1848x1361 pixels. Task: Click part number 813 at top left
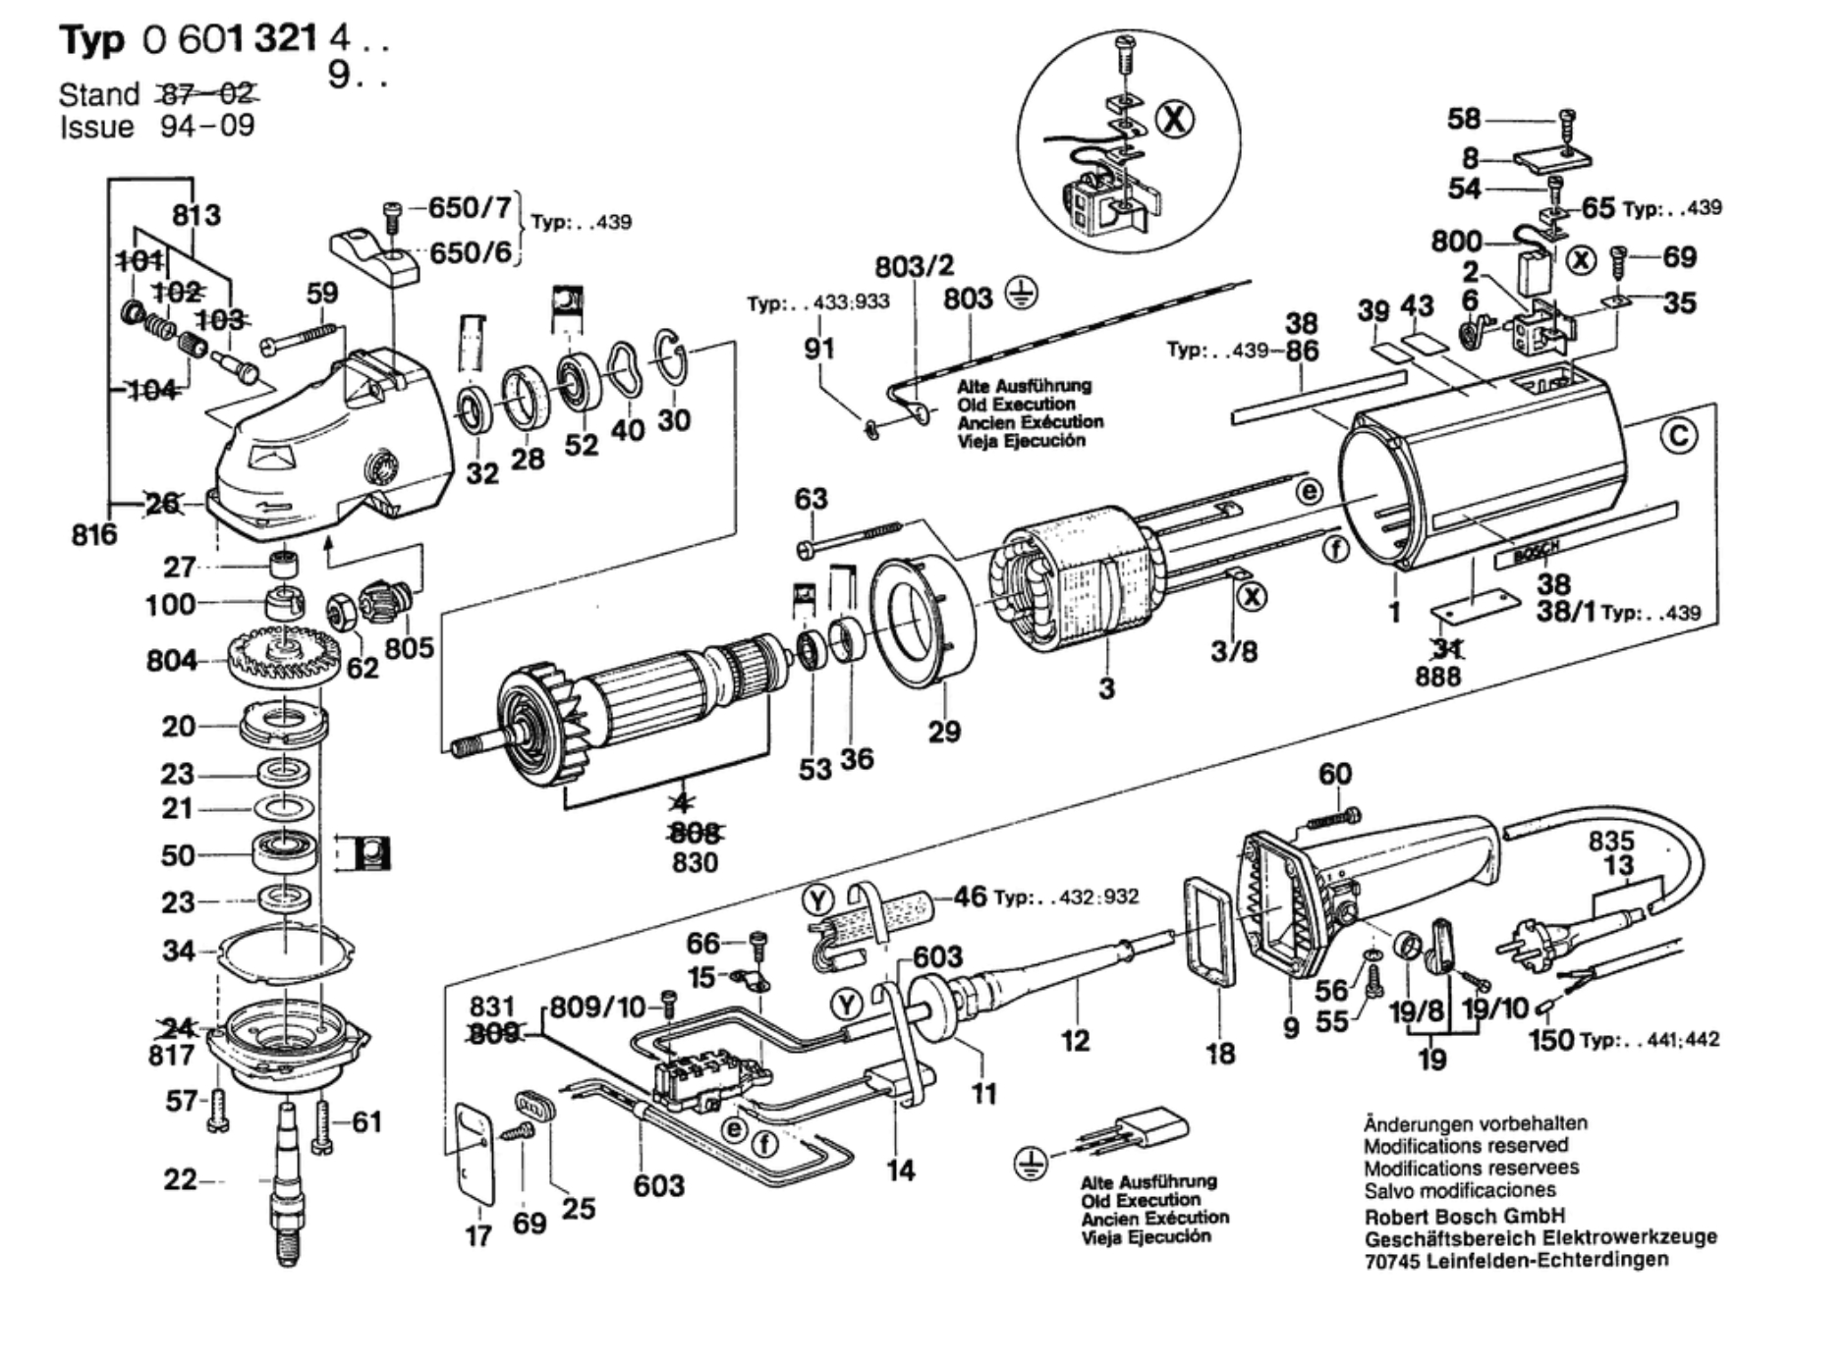(x=196, y=215)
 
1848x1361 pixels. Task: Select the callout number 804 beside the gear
(x=171, y=661)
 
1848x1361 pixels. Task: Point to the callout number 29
(x=944, y=732)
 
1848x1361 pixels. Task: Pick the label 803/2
(x=914, y=266)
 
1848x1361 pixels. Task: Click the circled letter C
(x=1678, y=436)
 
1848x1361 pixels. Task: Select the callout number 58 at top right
(x=1463, y=120)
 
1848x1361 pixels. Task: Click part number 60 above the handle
(x=1334, y=775)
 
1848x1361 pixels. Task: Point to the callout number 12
(x=1075, y=1040)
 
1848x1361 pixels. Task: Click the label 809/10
(x=596, y=1007)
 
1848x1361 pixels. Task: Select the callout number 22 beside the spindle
(x=180, y=1179)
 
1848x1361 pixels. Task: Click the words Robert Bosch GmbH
(x=1463, y=1216)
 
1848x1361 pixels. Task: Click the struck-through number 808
(x=695, y=834)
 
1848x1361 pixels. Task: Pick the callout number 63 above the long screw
(x=811, y=500)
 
